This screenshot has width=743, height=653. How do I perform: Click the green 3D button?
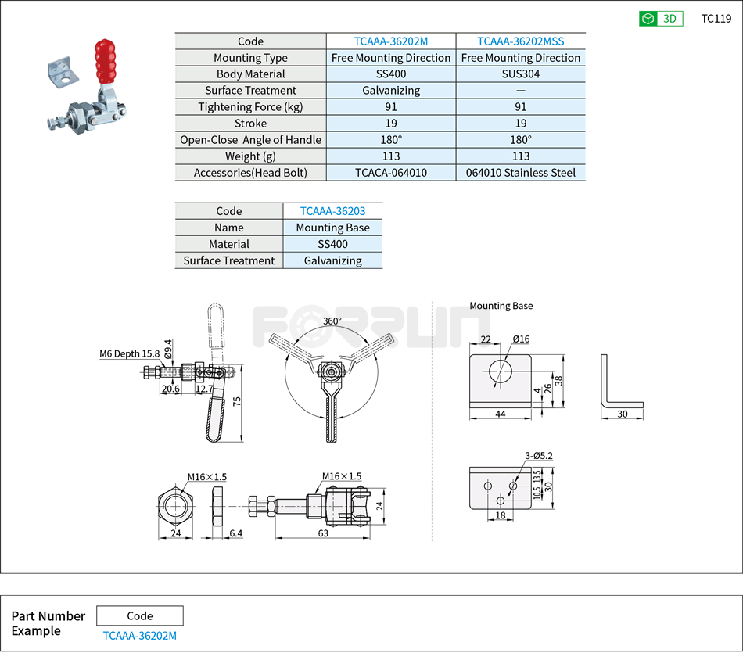(x=660, y=19)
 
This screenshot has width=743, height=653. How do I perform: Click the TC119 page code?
(x=716, y=19)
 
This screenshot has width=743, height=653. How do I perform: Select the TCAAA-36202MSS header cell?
(x=520, y=41)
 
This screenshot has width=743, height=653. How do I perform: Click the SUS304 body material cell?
(x=520, y=74)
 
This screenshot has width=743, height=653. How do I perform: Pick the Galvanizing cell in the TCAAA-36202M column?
(x=391, y=91)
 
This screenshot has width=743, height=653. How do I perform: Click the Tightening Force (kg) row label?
(x=250, y=107)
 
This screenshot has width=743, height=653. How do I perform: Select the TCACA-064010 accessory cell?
(x=391, y=173)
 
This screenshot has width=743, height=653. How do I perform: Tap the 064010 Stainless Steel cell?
(x=520, y=173)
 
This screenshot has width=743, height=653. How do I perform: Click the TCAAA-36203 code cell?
(x=332, y=211)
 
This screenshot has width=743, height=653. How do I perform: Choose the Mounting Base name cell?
(x=332, y=228)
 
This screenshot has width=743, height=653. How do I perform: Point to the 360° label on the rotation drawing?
(x=332, y=321)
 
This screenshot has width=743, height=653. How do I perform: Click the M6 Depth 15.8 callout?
(x=129, y=353)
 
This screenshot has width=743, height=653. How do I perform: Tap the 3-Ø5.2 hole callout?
(x=540, y=456)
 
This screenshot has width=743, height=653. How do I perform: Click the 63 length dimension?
(x=322, y=533)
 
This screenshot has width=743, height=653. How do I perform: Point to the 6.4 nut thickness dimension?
(x=235, y=533)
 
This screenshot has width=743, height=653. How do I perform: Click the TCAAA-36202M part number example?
(x=139, y=636)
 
